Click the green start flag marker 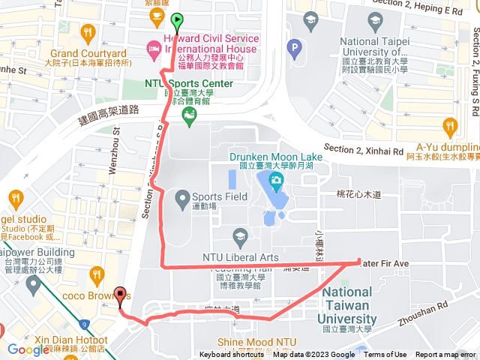(x=177, y=21)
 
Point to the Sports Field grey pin (x=181, y=199)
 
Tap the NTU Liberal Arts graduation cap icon (x=240, y=236)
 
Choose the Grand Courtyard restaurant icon (x=88, y=33)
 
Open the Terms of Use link (x=385, y=355)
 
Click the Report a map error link (x=446, y=355)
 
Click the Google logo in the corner (x=28, y=349)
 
